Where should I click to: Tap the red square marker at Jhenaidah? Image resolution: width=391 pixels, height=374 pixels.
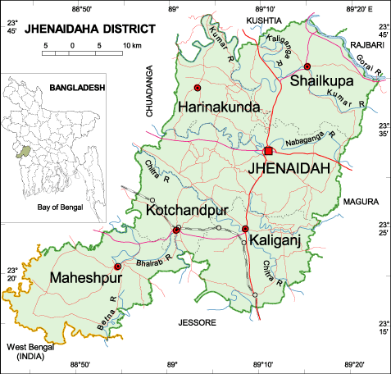coord(267,150)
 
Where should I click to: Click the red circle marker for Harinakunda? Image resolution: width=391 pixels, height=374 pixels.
coord(197,87)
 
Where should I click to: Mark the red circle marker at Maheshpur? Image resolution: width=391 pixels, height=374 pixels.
coord(117,267)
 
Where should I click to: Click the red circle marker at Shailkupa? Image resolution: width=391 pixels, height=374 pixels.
coord(307,66)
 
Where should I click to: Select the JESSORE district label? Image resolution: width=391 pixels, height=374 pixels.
coord(196,323)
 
